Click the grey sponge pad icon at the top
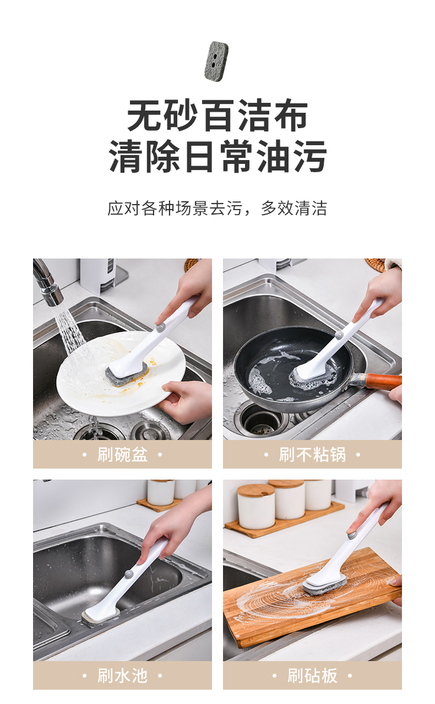pos(216,61)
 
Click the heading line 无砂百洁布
pos(218,116)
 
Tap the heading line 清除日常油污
pos(218,156)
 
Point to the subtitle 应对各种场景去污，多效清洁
pos(218,208)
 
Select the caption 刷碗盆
pos(122,454)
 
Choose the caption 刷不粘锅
pos(313,454)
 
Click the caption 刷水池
pos(122,675)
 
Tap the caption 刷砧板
pos(313,675)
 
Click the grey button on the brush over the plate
pos(161,327)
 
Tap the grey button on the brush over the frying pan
pos(339,334)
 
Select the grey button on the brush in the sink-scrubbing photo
pos(128,573)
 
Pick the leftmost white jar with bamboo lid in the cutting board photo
pos(255,507)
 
